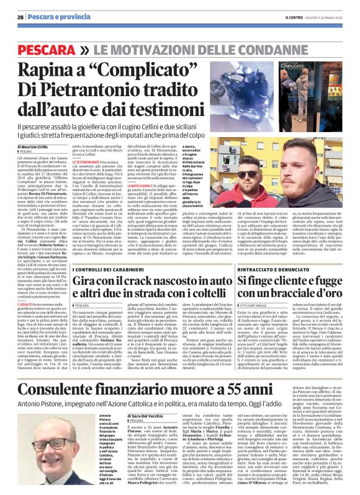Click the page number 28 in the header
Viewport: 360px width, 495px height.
(20, 16)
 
